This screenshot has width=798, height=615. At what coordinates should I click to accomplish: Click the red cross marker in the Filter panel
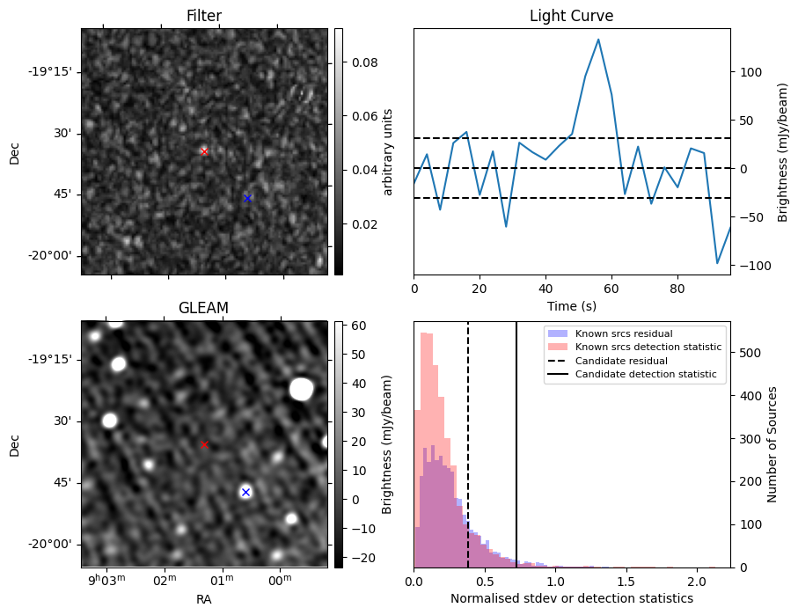pos(204,151)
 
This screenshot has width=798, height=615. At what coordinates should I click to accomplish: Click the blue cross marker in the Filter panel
pos(247,198)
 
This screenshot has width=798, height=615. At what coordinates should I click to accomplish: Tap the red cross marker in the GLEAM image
pos(204,444)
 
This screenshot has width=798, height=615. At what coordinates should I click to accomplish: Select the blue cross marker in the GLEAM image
pos(245,492)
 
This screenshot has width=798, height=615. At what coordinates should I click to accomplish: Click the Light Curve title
pos(571,16)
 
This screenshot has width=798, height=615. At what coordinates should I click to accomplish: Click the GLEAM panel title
pos(203,308)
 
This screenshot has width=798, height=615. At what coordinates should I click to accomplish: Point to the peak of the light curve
pos(598,40)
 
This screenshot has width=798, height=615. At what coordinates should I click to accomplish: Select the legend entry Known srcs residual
pos(624,334)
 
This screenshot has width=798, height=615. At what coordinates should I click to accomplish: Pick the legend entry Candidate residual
pos(620,362)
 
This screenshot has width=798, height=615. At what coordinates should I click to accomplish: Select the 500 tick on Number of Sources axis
pos(746,354)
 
